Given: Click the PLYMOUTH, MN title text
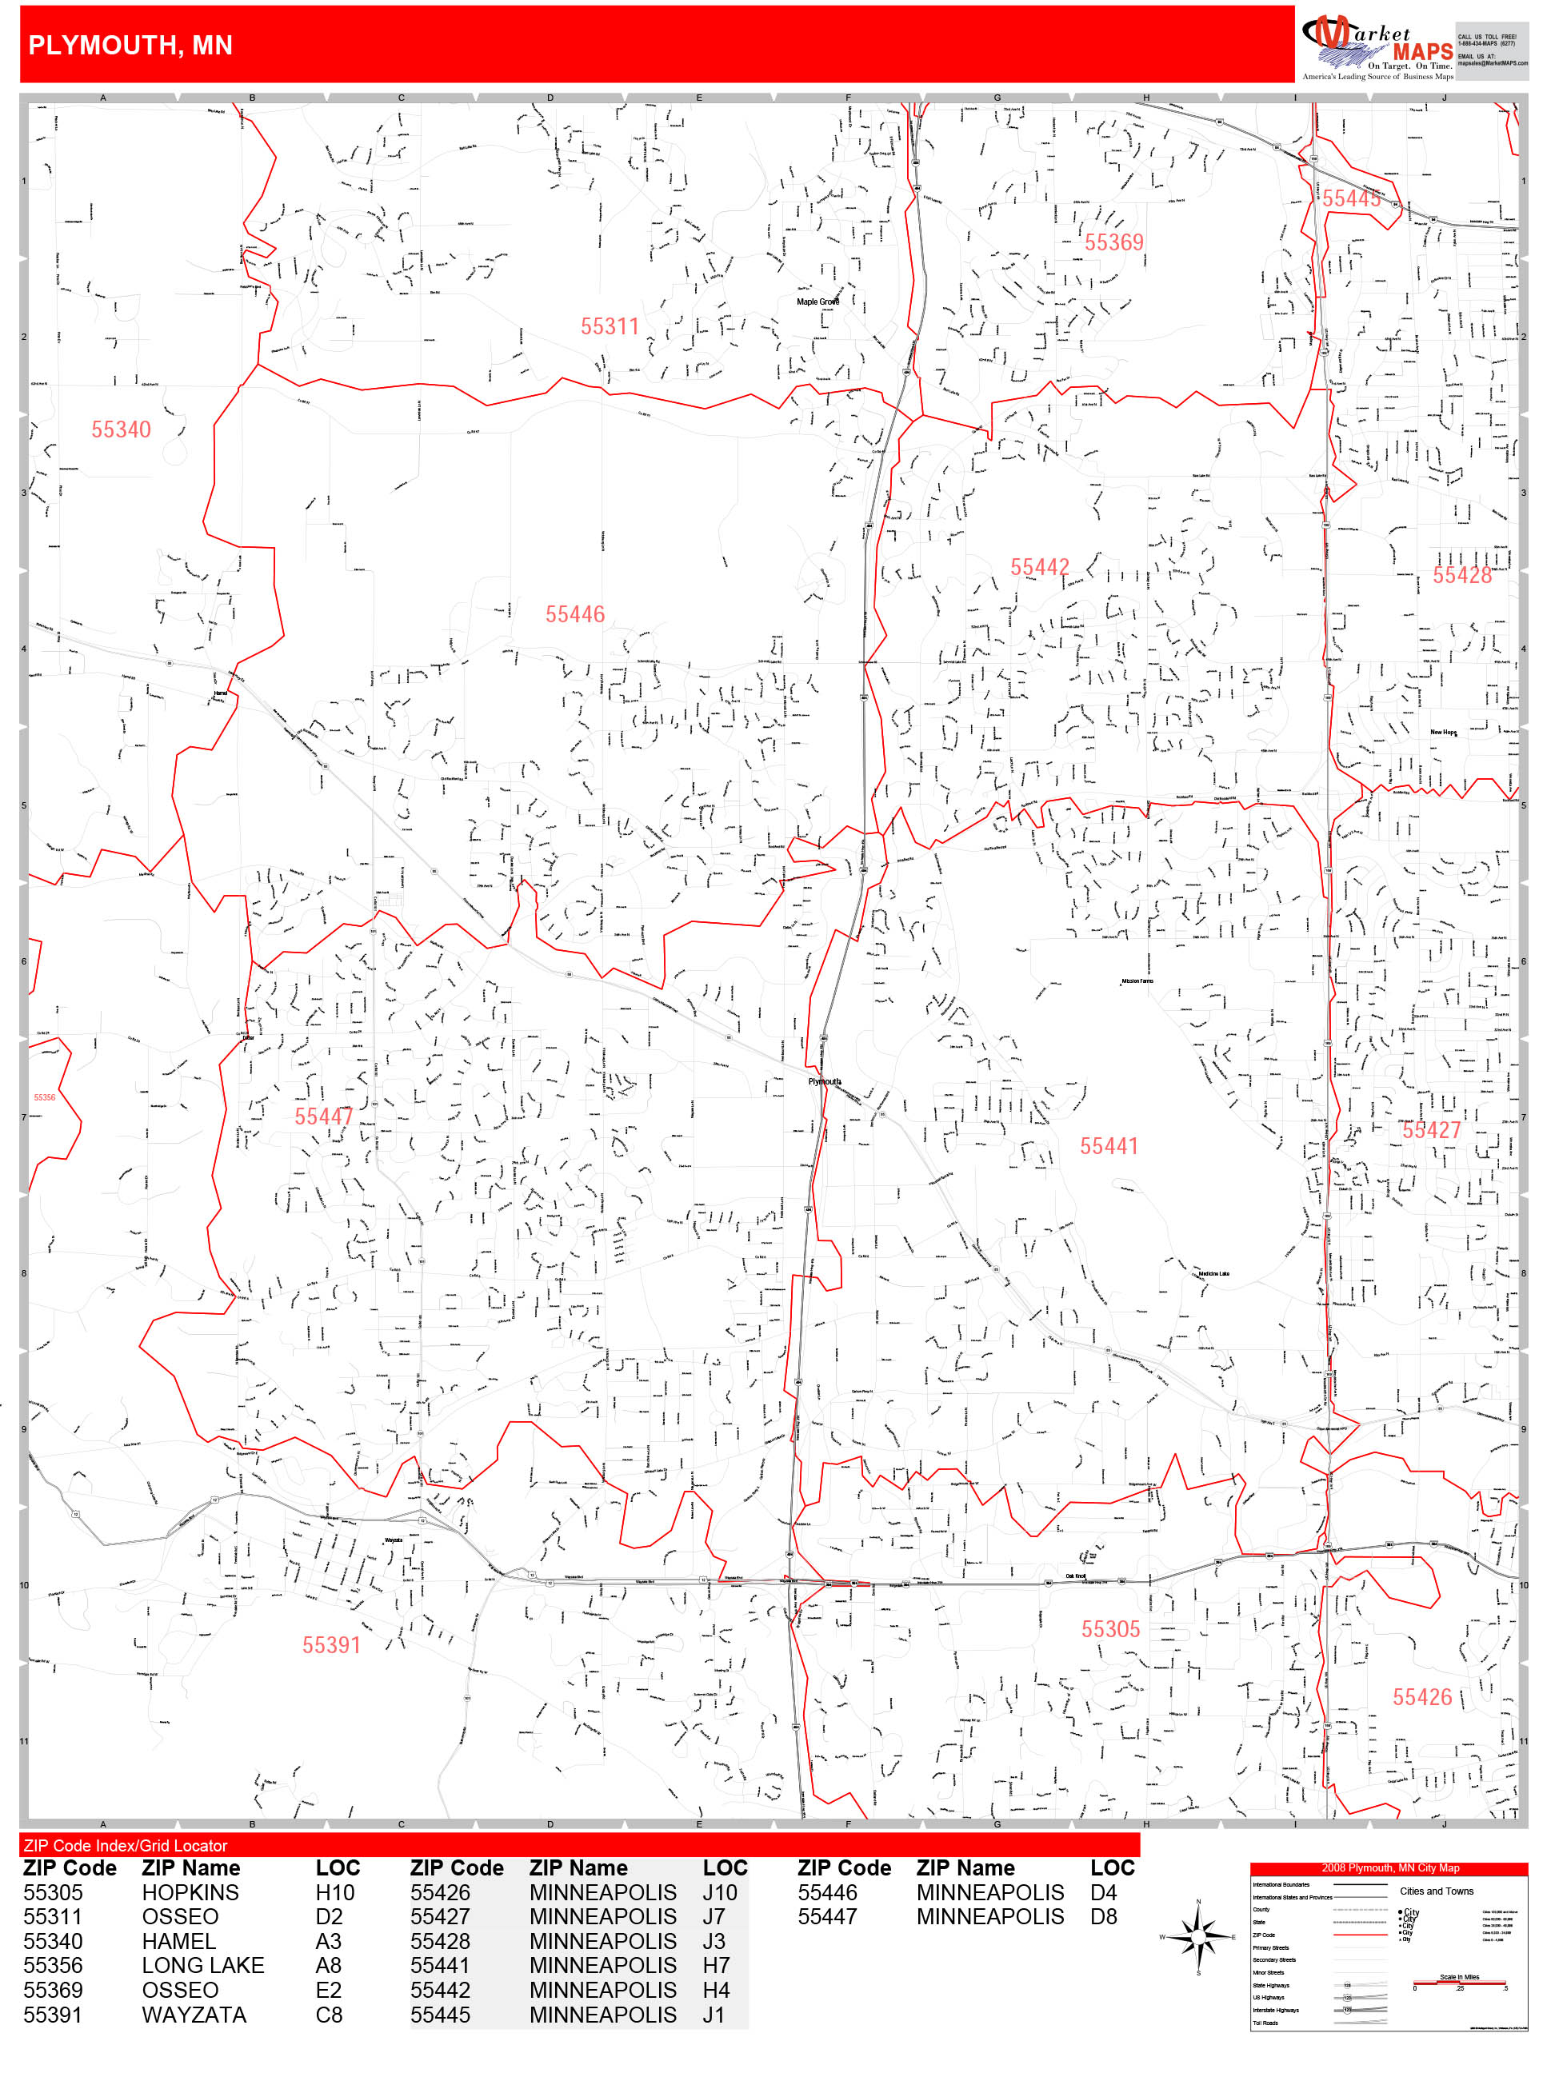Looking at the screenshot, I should (x=130, y=45).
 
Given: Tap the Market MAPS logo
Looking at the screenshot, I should (x=1375, y=45).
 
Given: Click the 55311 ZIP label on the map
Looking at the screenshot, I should (x=610, y=326).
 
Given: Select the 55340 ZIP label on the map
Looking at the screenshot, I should (x=121, y=429).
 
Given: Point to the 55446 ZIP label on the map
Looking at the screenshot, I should (x=574, y=614).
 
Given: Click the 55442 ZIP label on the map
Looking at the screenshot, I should (x=1038, y=567).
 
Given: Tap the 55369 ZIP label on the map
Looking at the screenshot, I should (x=1113, y=242).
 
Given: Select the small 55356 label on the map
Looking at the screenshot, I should (x=44, y=1096).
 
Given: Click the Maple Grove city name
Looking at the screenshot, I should (x=817, y=302).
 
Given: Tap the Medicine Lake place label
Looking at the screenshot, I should (x=1213, y=1273).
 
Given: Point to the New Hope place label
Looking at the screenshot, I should (x=1442, y=732).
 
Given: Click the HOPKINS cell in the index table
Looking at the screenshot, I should (x=190, y=1892).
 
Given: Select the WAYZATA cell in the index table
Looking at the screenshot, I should (x=194, y=2014).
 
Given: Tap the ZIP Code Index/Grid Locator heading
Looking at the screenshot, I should (x=126, y=1845).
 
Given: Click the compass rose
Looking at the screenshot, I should (x=1198, y=1936).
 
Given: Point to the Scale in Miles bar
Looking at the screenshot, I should (x=1459, y=1981).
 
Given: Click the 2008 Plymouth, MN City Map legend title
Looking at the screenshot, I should (x=1389, y=1867).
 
